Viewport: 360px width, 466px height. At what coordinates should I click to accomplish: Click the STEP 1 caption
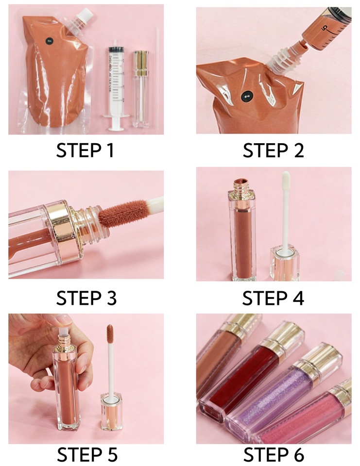click(85, 150)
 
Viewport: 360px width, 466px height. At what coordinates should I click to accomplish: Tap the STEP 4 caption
click(273, 298)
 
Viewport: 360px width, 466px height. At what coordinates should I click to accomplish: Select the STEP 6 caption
click(274, 454)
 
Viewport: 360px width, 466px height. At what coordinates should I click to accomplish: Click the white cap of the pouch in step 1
click(85, 14)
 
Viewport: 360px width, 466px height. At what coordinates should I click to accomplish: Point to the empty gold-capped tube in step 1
click(141, 89)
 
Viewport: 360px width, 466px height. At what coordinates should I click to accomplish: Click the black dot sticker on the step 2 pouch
click(246, 97)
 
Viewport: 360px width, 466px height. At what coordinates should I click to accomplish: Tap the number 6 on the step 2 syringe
click(325, 28)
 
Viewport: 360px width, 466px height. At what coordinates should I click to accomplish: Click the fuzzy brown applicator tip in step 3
click(122, 212)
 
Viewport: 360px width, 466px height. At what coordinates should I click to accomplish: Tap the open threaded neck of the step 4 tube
click(241, 186)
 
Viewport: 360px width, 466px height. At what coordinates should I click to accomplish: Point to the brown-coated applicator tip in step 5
click(110, 333)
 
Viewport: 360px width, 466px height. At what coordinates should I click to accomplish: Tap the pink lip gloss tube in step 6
click(307, 416)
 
